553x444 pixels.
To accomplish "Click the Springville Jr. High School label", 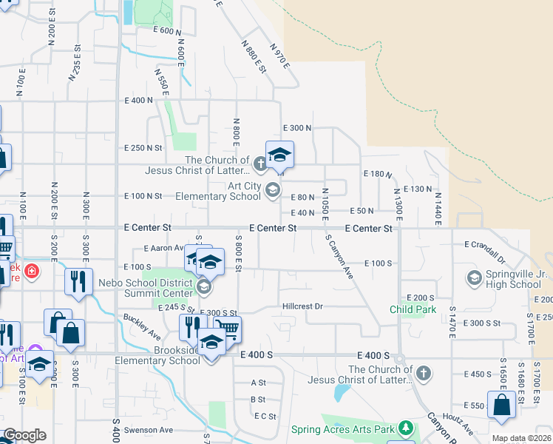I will [515, 279].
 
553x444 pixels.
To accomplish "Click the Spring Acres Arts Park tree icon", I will [405, 428].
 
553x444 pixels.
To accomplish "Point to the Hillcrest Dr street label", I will [303, 306].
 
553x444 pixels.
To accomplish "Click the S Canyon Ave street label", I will [339, 256].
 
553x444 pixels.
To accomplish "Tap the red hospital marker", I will [31, 272].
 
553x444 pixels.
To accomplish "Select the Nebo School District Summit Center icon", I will [204, 286].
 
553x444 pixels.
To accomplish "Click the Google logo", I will [24, 435].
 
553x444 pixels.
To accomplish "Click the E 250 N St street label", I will [144, 148].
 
